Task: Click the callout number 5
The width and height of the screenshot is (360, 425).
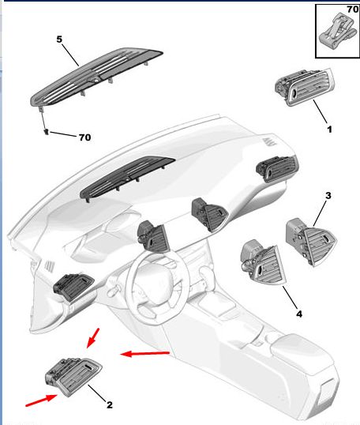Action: click(59, 39)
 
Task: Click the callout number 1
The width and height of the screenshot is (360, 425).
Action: click(329, 130)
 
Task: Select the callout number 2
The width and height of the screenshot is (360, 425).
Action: click(110, 405)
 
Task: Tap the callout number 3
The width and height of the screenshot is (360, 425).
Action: click(328, 195)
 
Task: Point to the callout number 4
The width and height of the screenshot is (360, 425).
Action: click(299, 314)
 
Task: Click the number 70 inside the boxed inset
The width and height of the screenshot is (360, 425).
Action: click(352, 9)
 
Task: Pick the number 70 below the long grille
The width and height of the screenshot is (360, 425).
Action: click(84, 137)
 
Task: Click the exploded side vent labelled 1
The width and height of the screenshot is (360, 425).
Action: click(305, 87)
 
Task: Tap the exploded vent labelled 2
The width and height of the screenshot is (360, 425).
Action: click(73, 376)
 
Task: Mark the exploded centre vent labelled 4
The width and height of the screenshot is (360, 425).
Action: click(264, 262)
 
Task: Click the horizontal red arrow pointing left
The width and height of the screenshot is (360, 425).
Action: click(145, 353)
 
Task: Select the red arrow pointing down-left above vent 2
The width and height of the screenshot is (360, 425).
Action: click(93, 338)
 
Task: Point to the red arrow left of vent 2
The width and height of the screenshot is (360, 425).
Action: click(41, 401)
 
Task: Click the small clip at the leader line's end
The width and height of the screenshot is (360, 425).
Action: click(47, 132)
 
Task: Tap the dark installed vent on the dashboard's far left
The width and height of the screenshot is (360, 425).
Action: click(73, 286)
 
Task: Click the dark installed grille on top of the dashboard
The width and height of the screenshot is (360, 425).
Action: click(127, 178)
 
